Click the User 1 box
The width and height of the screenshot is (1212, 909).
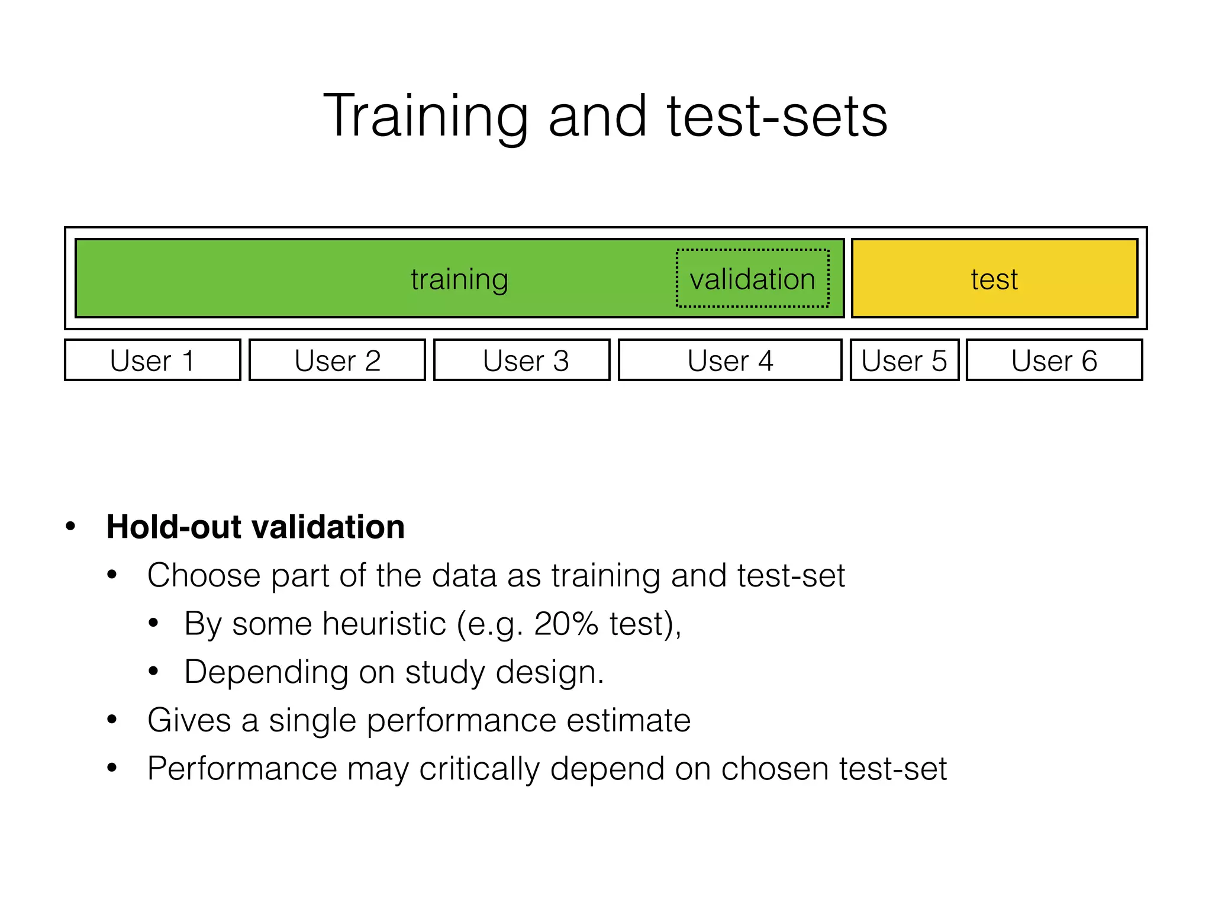(153, 360)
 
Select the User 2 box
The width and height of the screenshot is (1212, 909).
(337, 360)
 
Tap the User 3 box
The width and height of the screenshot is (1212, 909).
(522, 360)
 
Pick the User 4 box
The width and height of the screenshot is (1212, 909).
(730, 360)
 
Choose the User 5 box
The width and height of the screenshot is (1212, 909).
(904, 360)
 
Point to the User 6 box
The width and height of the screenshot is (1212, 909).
(1054, 360)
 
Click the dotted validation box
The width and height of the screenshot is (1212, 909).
(752, 279)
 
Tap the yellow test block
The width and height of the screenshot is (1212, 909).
(994, 279)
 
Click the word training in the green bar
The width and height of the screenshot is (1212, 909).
(459, 279)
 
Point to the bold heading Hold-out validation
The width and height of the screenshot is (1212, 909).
(255, 527)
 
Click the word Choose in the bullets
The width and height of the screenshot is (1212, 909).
(204, 575)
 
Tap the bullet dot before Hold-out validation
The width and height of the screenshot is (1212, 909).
(71, 526)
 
